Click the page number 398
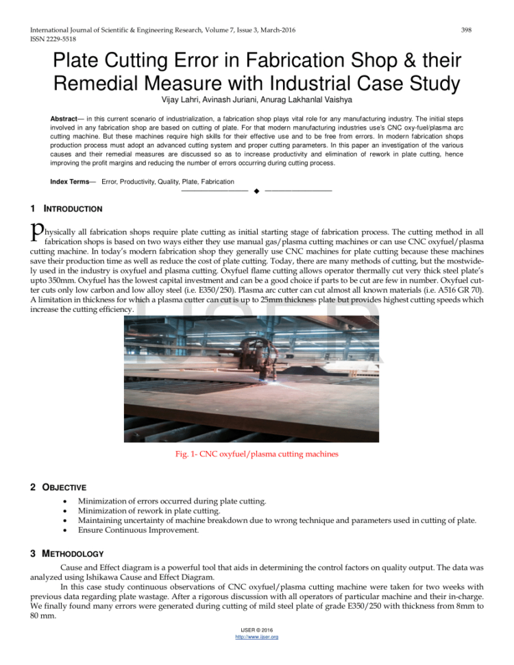pos(466,30)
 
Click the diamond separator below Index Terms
pos(256,190)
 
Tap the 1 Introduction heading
pos(66,208)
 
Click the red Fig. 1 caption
pos(256,454)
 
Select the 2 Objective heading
pos(58,487)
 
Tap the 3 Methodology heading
pos(67,553)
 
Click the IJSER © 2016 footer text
pos(256,648)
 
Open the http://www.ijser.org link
pos(256,656)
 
